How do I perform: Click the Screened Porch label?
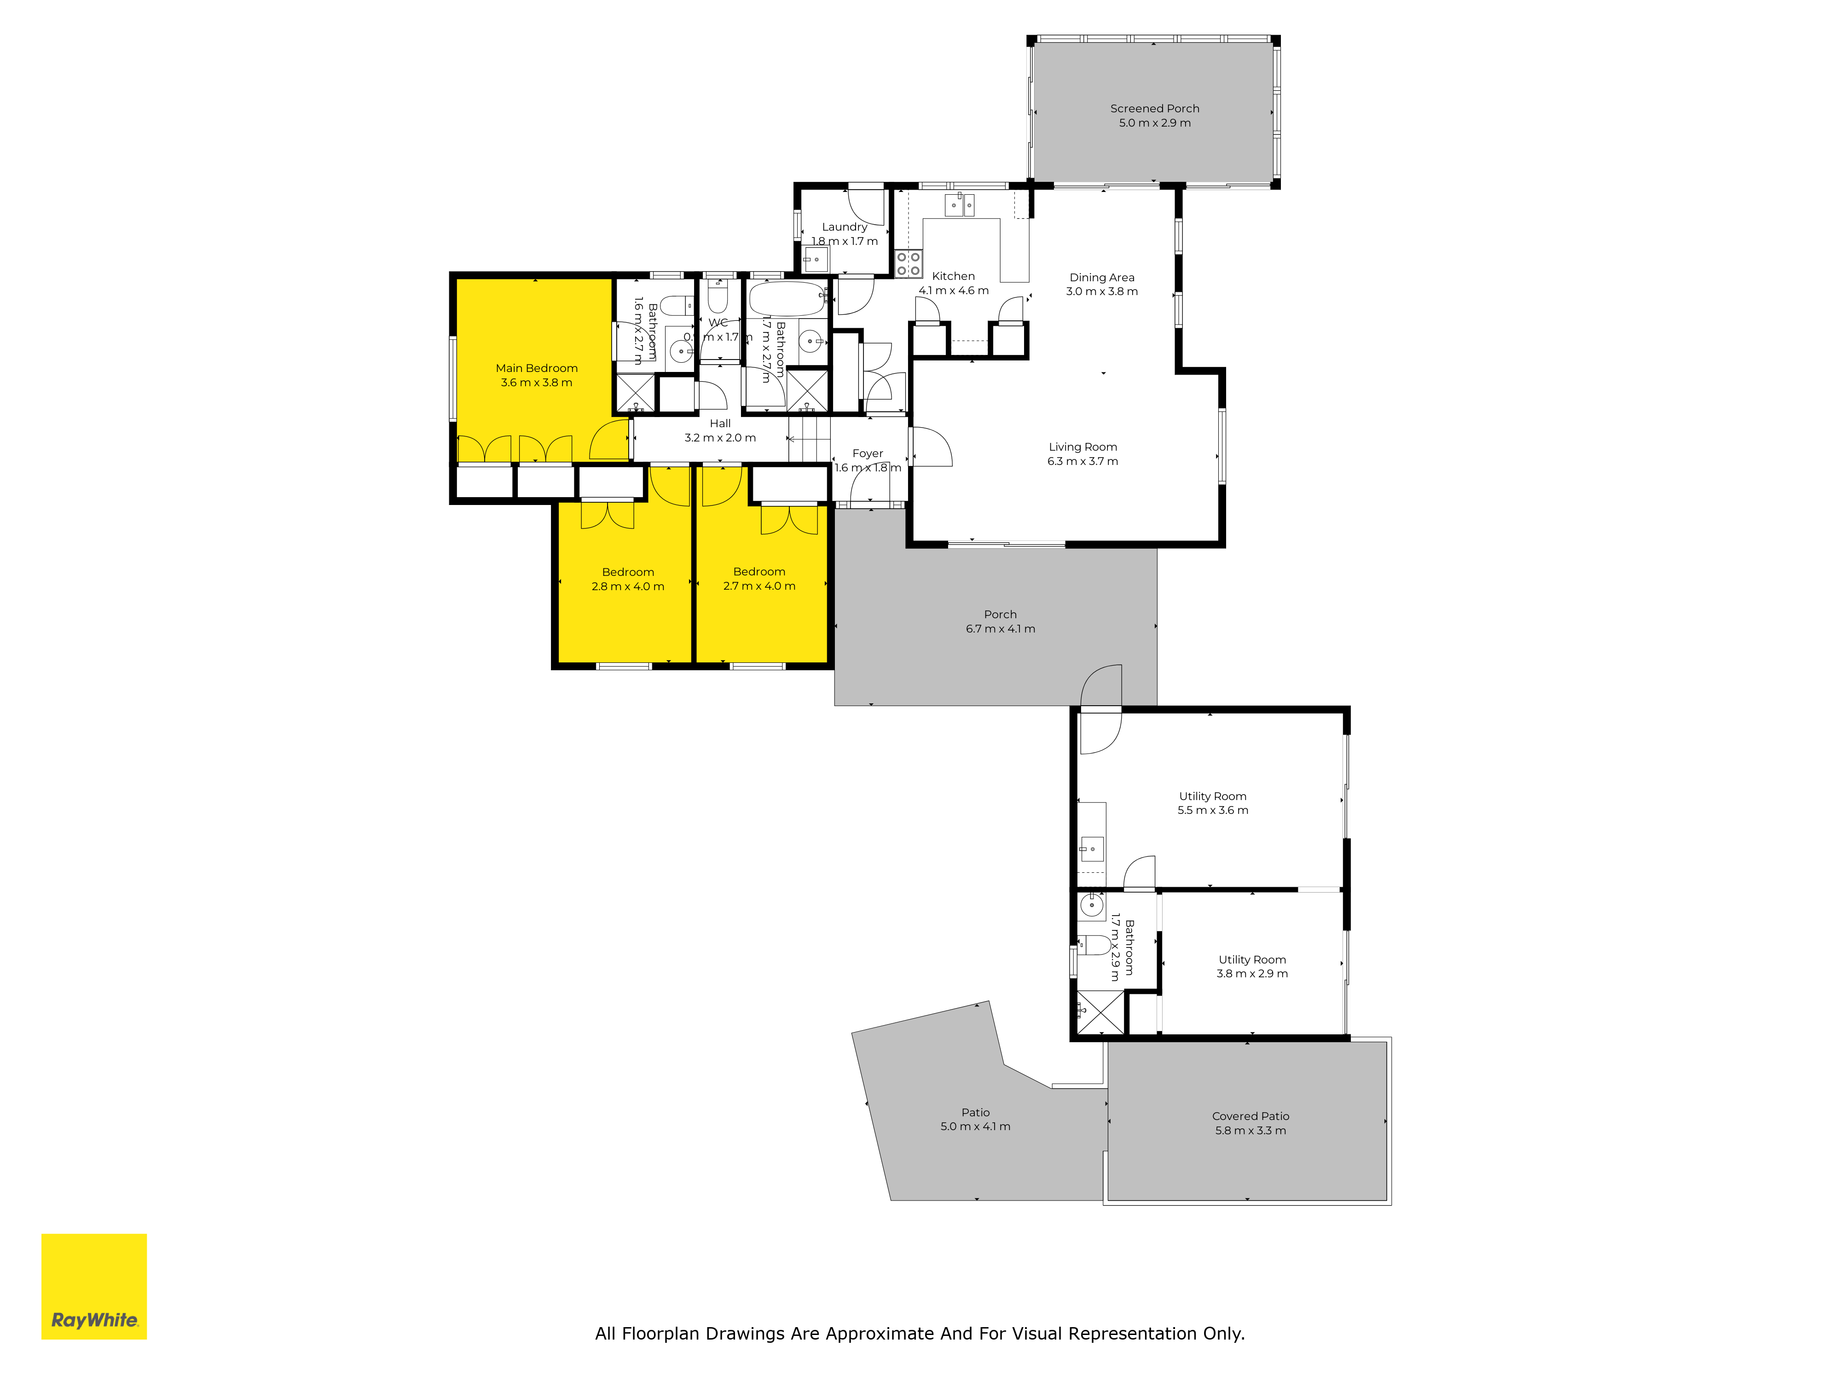1154,108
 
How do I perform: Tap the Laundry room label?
844,226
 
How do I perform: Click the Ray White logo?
94,1286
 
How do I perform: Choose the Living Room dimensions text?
1082,461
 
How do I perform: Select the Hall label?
720,424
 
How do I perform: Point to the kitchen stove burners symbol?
908,264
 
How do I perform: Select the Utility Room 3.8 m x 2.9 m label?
1252,966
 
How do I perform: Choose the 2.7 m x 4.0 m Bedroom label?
759,579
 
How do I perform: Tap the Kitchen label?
953,276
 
